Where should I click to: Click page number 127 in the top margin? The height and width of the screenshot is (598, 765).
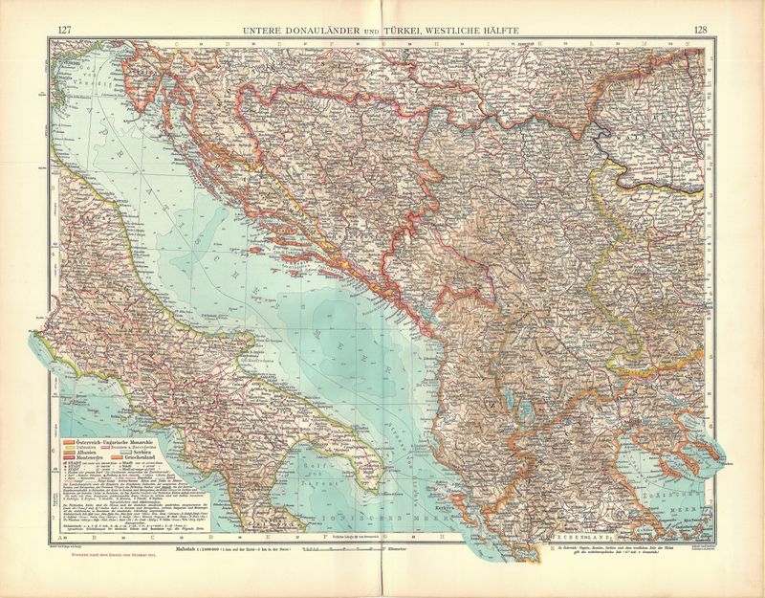click(65, 30)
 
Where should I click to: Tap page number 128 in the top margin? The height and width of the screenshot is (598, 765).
click(701, 30)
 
